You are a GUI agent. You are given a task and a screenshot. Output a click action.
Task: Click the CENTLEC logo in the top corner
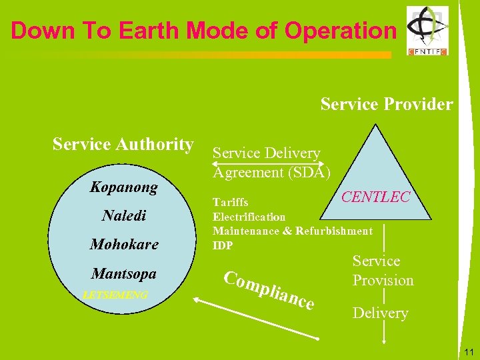[x=428, y=31]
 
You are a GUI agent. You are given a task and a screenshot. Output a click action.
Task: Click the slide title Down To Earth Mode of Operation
[x=203, y=31]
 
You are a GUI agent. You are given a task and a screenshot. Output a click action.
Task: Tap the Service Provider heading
[x=386, y=105]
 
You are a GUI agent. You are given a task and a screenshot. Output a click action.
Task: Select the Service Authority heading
[x=123, y=144]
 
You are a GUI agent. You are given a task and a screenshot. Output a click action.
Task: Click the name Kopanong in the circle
[x=123, y=187]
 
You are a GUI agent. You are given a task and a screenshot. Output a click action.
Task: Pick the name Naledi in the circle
[x=123, y=216]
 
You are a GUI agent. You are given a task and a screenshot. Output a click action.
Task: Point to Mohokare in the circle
[x=124, y=245]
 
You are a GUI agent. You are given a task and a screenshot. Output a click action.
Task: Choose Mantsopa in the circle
[x=123, y=273]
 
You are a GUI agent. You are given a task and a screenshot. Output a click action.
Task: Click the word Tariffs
[x=230, y=202]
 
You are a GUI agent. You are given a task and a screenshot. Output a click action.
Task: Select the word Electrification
[x=249, y=217]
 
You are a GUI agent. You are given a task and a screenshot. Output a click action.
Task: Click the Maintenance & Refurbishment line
[x=292, y=231]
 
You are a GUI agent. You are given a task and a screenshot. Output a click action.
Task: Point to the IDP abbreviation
[x=223, y=245]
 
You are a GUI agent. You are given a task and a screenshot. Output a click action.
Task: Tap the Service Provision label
[x=383, y=271]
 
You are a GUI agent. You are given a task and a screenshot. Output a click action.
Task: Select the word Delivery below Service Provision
[x=380, y=313]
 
